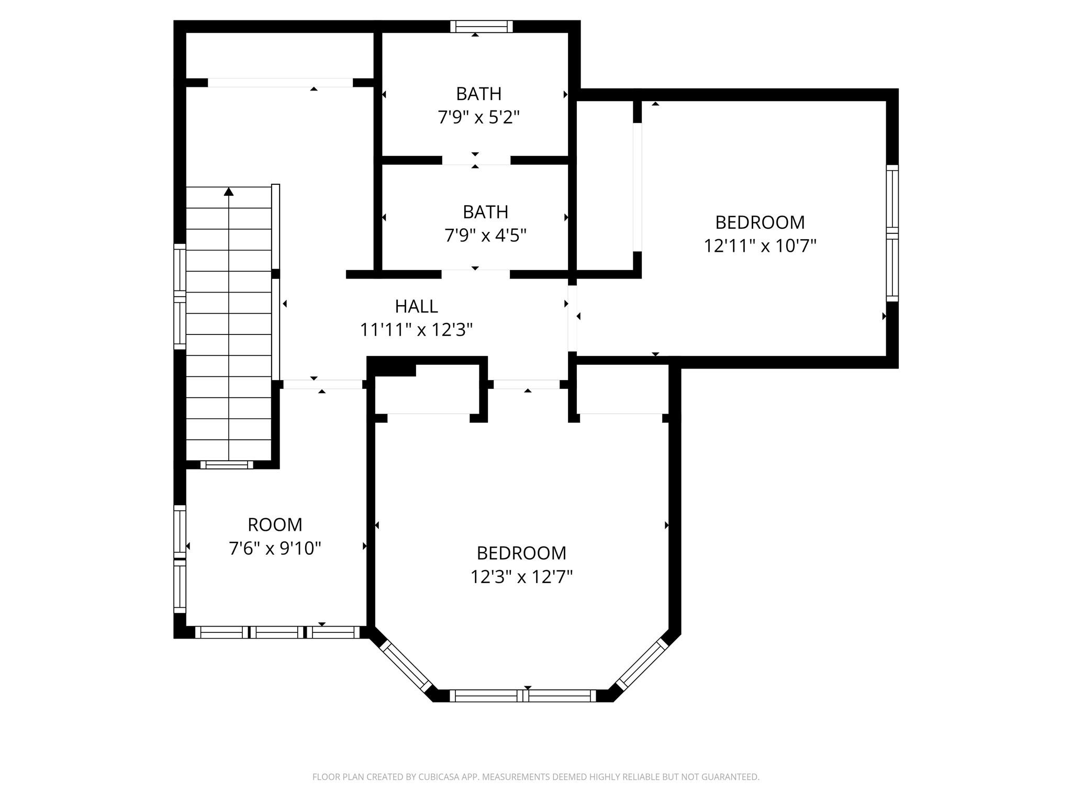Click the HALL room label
pyautogui.click(x=416, y=306)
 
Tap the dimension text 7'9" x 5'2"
pyautogui.click(x=478, y=117)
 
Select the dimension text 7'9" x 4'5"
pyautogui.click(x=485, y=236)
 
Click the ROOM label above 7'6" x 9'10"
pyautogui.click(x=275, y=524)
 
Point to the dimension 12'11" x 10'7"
pyautogui.click(x=760, y=246)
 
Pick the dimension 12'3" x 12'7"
pyautogui.click(x=521, y=577)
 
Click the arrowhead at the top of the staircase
pyautogui.click(x=229, y=192)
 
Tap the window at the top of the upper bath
pyautogui.click(x=482, y=27)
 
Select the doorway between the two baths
pyautogui.click(x=476, y=161)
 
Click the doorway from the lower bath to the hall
pyautogui.click(x=475, y=274)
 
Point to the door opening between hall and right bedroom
pyautogui.click(x=573, y=318)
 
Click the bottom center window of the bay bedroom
pyautogui.click(x=522, y=696)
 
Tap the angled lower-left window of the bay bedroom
pyautogui.click(x=406, y=666)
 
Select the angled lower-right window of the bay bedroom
pyautogui.click(x=642, y=665)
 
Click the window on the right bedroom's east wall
pyautogui.click(x=892, y=233)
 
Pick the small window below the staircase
pyautogui.click(x=227, y=465)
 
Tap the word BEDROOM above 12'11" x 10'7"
pyautogui.click(x=760, y=222)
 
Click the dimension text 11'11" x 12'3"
pyautogui.click(x=416, y=330)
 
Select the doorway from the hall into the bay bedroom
pyautogui.click(x=527, y=384)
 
